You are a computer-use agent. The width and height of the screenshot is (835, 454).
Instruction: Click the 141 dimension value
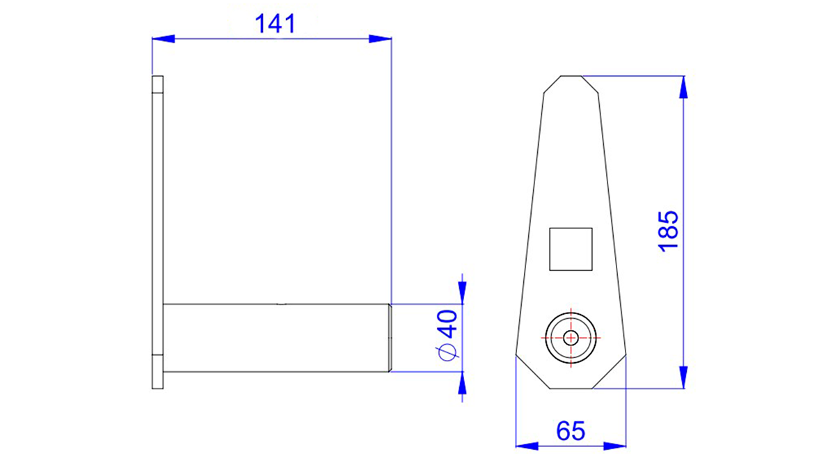(276, 24)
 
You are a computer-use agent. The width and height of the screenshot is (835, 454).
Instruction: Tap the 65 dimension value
(571, 431)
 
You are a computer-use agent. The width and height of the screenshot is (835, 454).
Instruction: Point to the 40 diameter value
(447, 324)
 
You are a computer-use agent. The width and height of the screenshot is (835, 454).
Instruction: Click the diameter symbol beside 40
(447, 352)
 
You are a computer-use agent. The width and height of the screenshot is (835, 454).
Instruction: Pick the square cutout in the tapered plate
(571, 249)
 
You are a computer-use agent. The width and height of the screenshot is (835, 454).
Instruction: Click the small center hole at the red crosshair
(571, 338)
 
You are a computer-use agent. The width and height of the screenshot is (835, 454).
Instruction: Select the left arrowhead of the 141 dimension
(164, 38)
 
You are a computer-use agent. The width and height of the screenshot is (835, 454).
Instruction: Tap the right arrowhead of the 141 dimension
(380, 38)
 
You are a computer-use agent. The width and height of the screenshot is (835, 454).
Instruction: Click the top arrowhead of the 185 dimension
(683, 87)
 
